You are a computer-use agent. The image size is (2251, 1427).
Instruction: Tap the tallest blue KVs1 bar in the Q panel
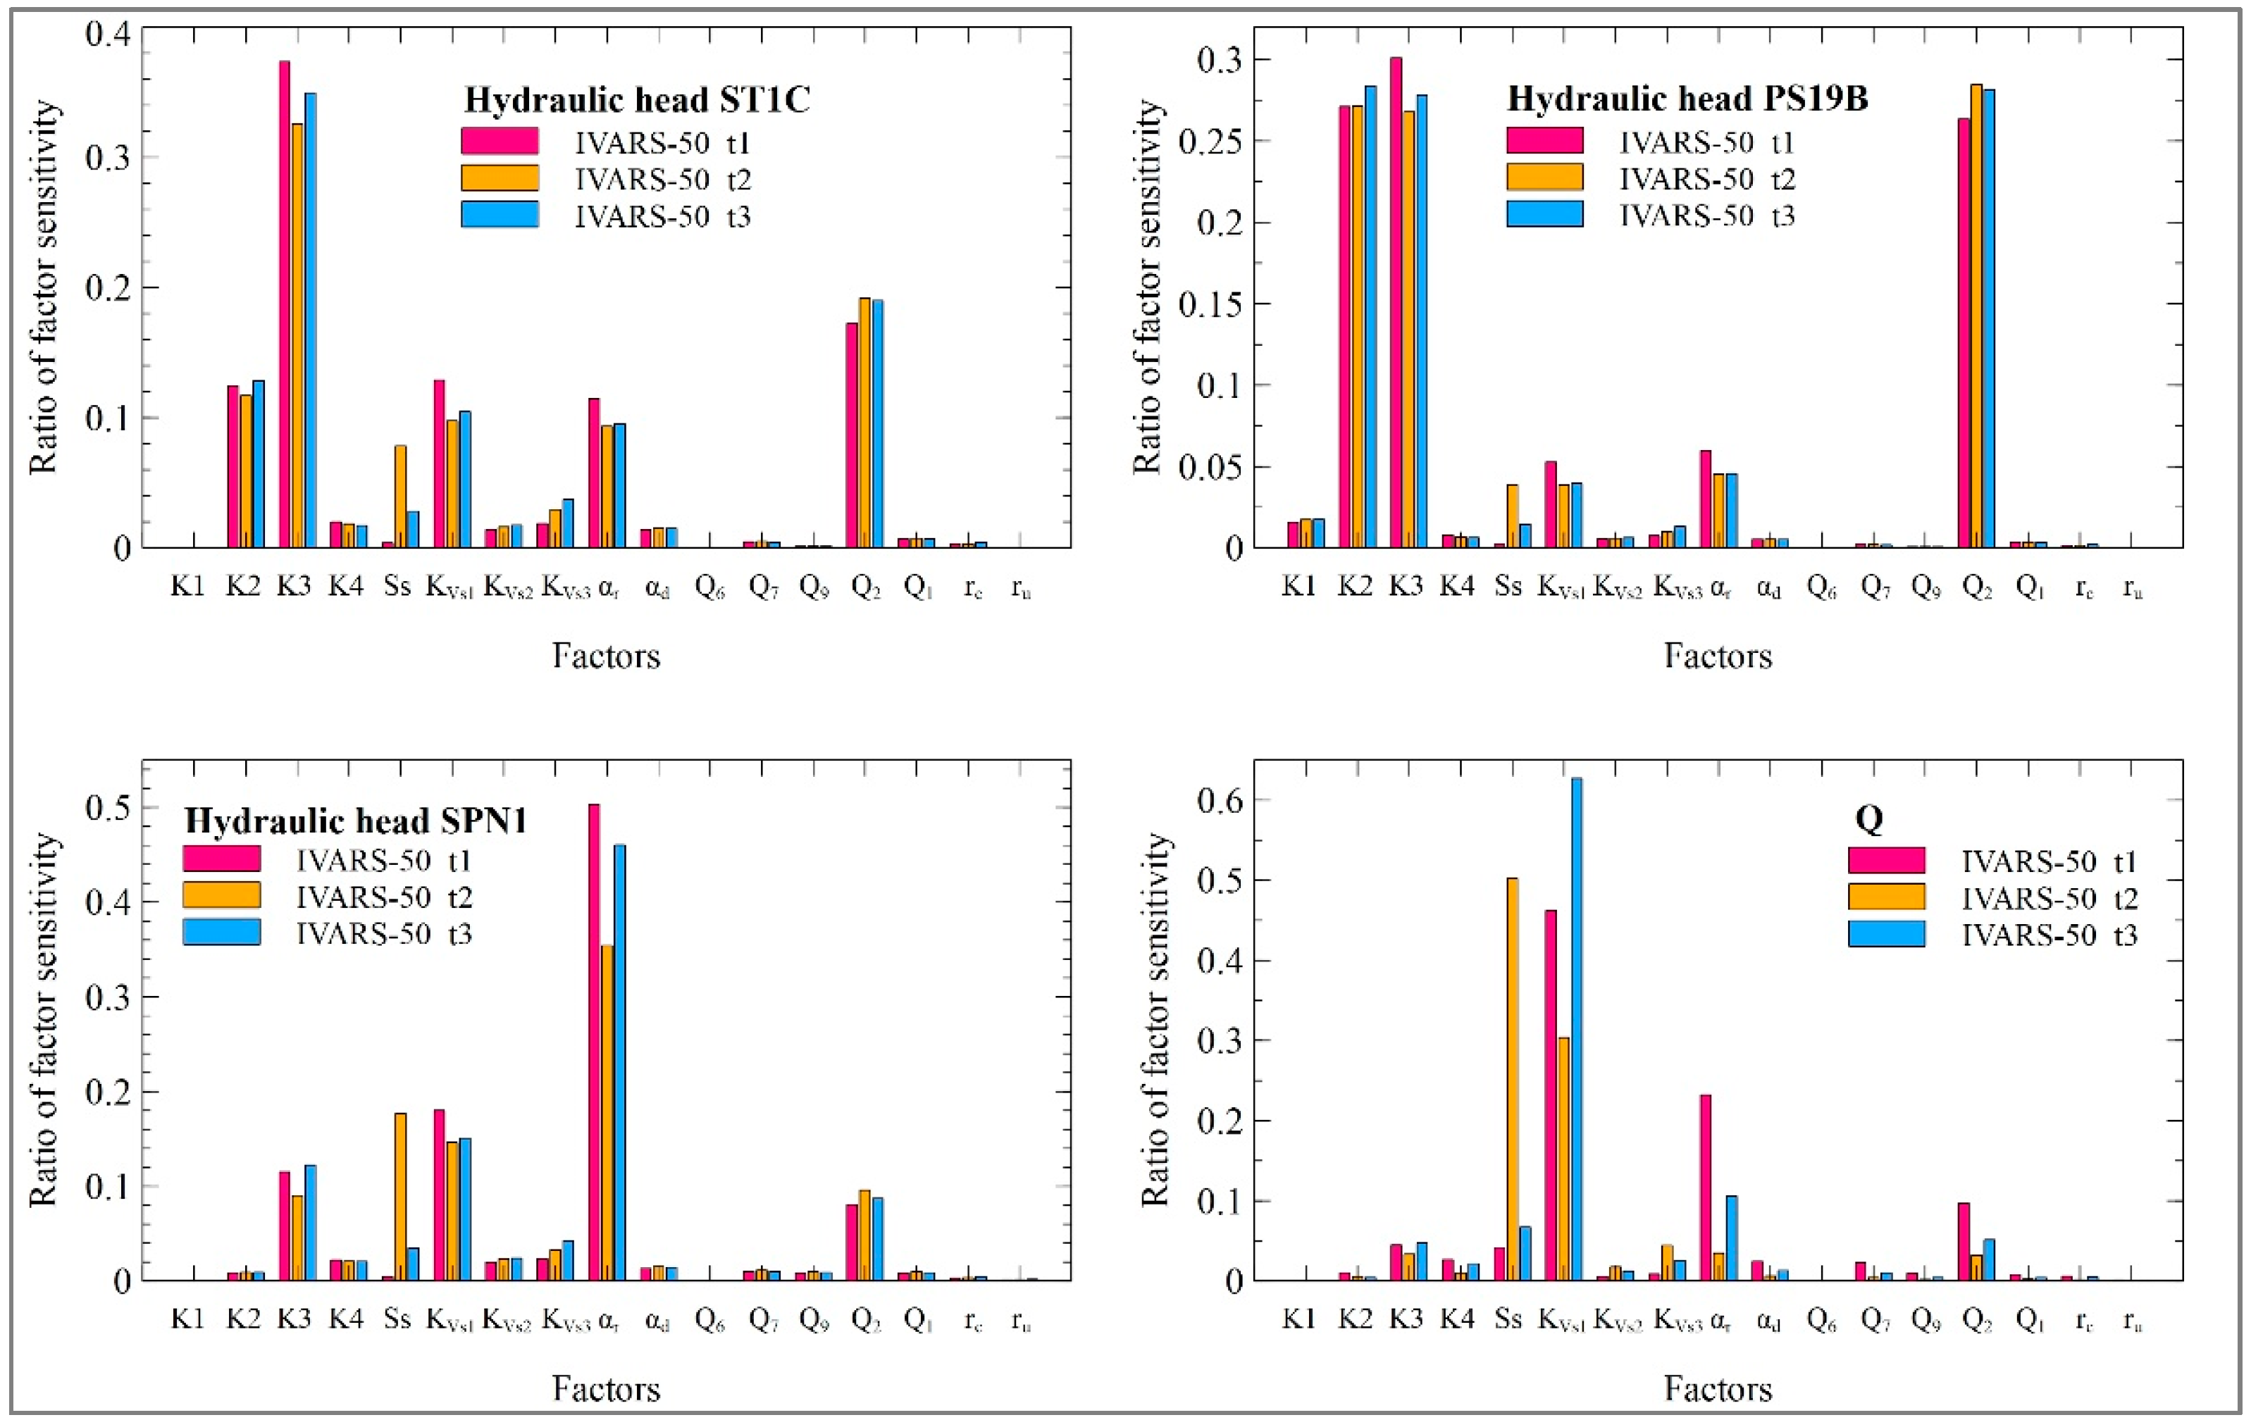1577,1028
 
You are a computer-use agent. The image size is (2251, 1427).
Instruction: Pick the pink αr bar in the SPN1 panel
594,1042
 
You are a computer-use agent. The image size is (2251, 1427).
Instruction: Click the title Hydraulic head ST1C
637,99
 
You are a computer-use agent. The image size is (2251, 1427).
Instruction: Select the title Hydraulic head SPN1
356,821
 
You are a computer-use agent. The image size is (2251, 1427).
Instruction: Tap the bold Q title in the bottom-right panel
1868,818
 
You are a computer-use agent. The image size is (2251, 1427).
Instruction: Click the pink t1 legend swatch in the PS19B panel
1544,141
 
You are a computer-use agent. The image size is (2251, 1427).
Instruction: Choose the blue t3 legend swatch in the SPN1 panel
221,933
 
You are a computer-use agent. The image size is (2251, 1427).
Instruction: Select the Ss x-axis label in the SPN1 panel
397,1319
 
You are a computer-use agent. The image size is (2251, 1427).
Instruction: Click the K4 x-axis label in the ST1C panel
346,586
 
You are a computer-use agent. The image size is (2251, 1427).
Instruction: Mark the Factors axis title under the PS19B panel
1717,656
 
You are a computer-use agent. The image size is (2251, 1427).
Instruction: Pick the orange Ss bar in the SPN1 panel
400,1196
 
